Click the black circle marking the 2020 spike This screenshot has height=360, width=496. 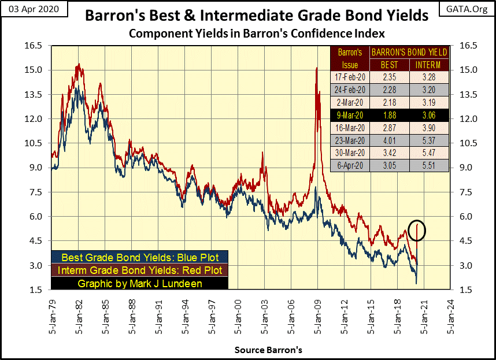point(417,230)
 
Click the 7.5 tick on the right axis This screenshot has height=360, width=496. point(467,192)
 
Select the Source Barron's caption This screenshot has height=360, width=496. point(268,350)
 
